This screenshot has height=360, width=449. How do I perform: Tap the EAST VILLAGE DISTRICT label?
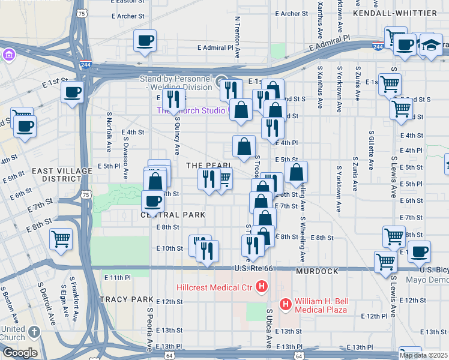point(62,175)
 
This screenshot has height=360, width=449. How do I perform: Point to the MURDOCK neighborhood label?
point(318,271)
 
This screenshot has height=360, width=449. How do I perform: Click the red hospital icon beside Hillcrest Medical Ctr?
point(261,287)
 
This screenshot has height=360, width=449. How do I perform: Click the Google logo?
point(19,353)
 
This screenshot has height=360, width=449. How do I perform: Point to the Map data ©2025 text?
point(423,355)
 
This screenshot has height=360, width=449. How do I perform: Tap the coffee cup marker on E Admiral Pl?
point(145,41)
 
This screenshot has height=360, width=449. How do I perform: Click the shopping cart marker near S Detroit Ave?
point(61,239)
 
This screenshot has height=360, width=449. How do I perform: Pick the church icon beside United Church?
point(34,332)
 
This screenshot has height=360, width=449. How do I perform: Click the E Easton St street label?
point(127,1)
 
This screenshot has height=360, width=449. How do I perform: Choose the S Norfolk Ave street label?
point(109,131)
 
